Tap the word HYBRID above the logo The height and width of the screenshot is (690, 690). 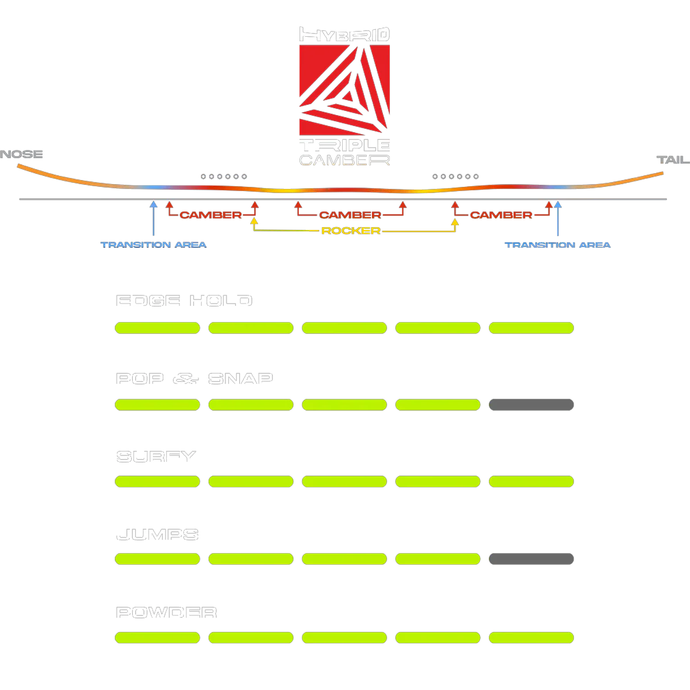344,34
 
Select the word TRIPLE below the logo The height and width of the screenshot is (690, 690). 344,145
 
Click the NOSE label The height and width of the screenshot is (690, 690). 22,154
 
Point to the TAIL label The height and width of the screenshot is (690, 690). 671,160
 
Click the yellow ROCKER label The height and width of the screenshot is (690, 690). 350,231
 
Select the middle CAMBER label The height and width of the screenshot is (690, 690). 350,215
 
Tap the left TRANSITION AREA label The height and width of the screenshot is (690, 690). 154,245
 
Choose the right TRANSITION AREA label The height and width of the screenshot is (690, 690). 558,245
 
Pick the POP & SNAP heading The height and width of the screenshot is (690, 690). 194,379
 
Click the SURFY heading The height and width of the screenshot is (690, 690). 155,457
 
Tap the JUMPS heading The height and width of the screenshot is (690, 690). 157,535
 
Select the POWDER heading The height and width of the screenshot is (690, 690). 166,614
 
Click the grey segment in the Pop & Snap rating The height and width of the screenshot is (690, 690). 531,405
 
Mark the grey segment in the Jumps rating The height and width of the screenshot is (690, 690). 531,558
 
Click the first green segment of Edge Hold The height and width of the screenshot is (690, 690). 158,328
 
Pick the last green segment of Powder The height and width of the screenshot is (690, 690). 531,637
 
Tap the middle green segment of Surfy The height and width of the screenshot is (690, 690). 344,481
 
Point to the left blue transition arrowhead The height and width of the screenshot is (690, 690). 153,204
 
